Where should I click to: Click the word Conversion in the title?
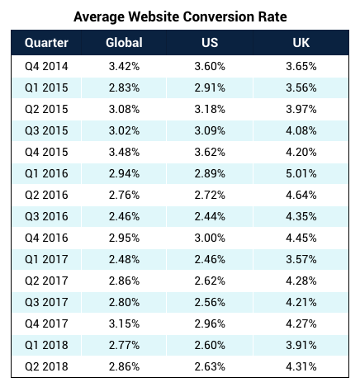click(219, 17)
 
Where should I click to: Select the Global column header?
click(124, 43)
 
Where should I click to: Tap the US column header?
click(210, 43)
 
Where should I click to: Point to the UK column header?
click(301, 43)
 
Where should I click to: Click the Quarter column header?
click(46, 43)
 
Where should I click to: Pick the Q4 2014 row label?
click(46, 66)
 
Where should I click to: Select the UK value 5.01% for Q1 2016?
click(301, 173)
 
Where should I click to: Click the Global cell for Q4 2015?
click(124, 152)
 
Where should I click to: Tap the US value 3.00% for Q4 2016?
click(210, 238)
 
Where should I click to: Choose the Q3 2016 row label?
click(46, 216)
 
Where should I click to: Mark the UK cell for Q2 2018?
click(301, 366)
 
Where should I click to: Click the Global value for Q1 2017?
click(124, 259)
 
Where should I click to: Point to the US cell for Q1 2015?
click(210, 87)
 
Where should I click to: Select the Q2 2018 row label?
click(46, 366)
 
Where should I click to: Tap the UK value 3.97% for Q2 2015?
click(301, 109)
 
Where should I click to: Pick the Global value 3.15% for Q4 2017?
click(124, 323)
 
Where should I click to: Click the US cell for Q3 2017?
click(210, 302)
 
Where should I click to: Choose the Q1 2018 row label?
click(46, 345)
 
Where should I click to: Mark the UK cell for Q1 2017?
click(301, 259)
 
